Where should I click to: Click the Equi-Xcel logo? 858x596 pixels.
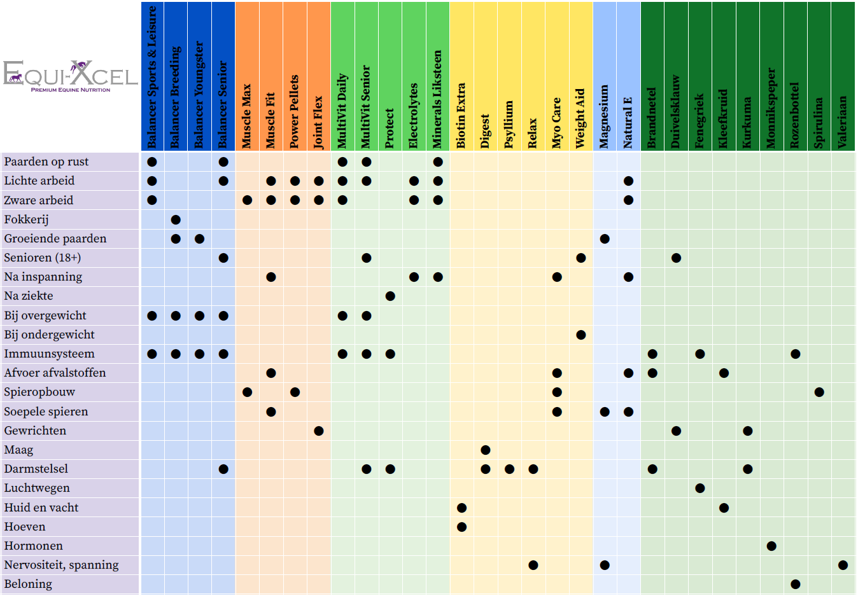tap(70, 75)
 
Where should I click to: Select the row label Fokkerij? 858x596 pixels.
tap(26, 219)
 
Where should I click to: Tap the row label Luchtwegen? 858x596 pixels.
tap(37, 488)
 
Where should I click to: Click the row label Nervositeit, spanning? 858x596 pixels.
tap(61, 565)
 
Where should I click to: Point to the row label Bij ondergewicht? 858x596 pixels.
tap(49, 335)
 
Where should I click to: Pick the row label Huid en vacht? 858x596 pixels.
tap(41, 508)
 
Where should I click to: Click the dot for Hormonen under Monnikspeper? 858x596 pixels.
tap(771, 546)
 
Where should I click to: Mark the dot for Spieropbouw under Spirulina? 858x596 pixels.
tap(819, 392)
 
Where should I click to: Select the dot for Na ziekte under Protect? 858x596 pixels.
tap(390, 296)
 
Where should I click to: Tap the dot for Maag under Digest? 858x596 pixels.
tap(486, 450)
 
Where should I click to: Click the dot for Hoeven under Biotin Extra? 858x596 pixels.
tap(461, 527)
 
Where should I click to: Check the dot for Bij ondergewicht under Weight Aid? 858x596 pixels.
tap(580, 335)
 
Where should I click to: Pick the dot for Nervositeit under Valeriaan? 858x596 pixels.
tap(843, 565)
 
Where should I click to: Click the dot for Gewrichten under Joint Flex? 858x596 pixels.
tap(319, 431)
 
